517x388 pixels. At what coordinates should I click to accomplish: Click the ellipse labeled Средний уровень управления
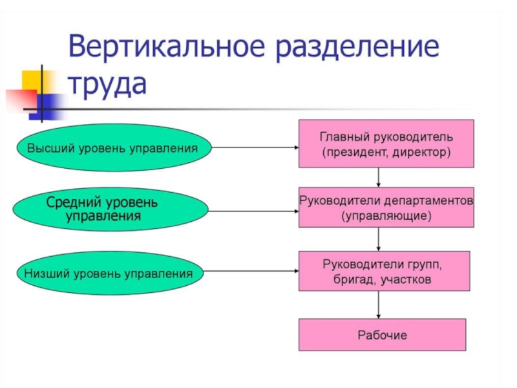point(112,209)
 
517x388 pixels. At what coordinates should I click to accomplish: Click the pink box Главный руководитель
point(386,144)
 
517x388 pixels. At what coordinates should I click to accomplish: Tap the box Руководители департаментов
point(386,207)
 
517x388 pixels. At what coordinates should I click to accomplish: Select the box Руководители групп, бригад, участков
point(383,272)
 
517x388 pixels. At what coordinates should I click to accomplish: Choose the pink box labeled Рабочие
point(382,335)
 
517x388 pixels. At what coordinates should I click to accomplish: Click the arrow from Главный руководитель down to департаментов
point(379,177)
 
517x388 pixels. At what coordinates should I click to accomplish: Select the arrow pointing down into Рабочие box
point(379,305)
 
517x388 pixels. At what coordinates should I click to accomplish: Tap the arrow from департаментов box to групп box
point(379,239)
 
